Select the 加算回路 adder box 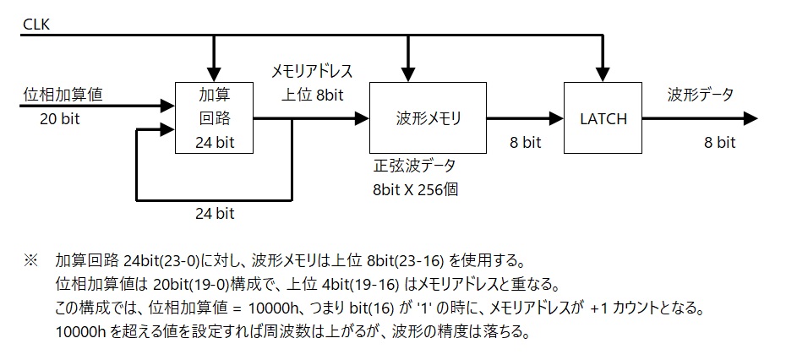215,117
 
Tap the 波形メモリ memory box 428,118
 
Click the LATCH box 603,118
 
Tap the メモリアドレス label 312,70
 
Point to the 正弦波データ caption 413,166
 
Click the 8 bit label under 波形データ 720,142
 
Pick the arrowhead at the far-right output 751,119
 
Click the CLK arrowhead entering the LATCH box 603,74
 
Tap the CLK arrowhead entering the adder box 215,74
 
